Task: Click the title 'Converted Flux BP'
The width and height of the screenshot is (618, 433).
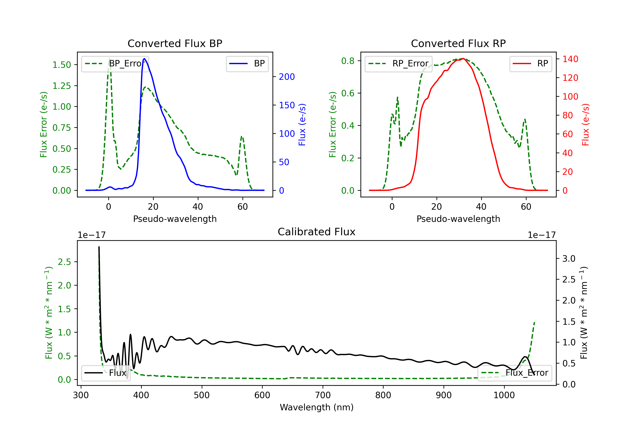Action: click(175, 43)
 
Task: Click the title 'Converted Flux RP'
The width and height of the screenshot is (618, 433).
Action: click(458, 43)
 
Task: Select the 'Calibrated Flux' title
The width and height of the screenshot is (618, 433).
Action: click(317, 232)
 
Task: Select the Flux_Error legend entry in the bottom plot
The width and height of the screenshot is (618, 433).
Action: click(515, 373)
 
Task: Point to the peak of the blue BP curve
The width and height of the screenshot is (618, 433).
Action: click(144, 59)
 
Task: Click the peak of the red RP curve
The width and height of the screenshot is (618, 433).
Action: click(463, 59)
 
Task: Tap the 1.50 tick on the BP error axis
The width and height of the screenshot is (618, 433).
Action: click(62, 65)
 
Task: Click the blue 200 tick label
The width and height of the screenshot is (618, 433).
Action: click(287, 77)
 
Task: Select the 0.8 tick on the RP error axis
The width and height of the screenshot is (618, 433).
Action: click(348, 61)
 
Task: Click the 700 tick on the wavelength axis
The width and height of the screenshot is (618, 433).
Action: click(322, 395)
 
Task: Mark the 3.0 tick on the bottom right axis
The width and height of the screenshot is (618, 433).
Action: click(569, 259)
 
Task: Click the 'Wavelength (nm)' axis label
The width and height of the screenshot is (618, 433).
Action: click(317, 407)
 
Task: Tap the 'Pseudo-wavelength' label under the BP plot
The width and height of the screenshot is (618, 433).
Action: click(175, 219)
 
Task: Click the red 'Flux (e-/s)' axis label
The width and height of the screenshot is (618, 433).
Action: click(585, 125)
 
